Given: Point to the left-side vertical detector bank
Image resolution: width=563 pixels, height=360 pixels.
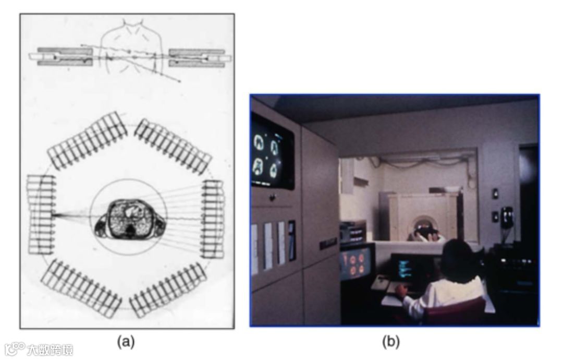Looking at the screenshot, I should pyautogui.click(x=42, y=214).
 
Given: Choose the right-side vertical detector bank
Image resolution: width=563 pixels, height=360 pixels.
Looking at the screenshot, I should pyautogui.click(x=213, y=219).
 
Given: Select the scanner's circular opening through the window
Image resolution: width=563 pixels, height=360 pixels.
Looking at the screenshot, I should pyautogui.click(x=423, y=227).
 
